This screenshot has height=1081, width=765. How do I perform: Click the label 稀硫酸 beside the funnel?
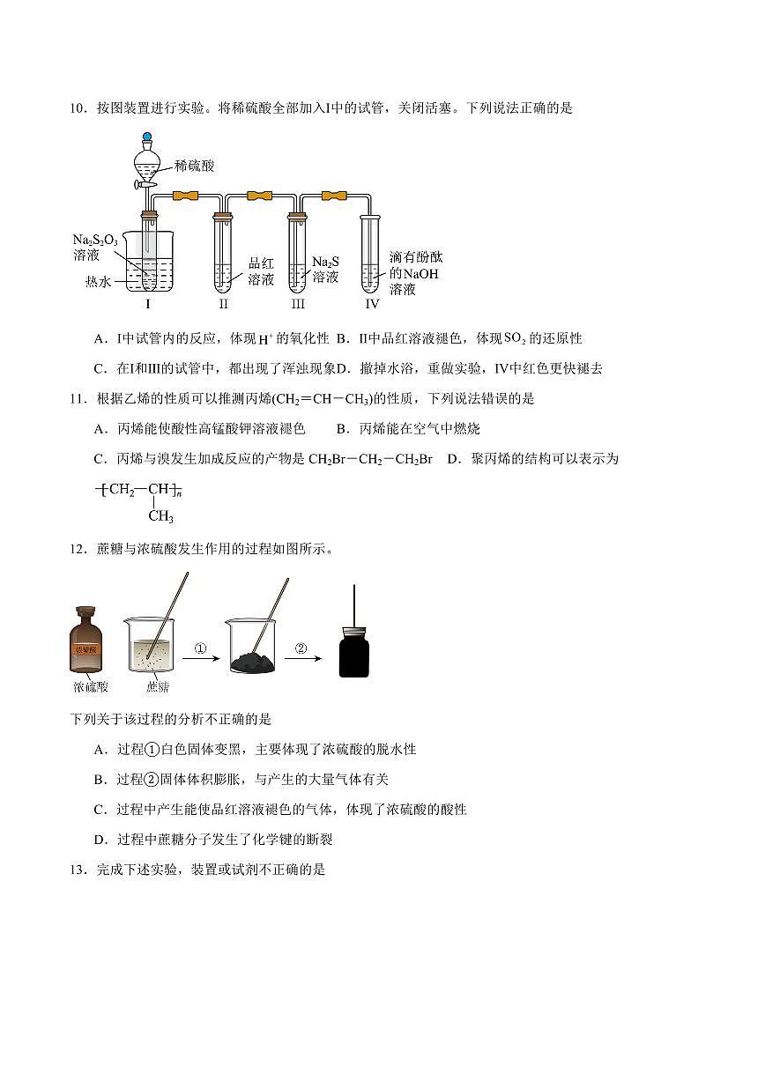(195, 166)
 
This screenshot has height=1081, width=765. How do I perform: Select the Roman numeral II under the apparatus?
(224, 304)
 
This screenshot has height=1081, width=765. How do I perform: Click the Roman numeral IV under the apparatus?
(372, 304)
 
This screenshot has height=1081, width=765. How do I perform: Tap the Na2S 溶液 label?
(325, 270)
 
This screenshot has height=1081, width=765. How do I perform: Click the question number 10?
(77, 108)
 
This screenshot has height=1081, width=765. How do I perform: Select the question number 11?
(77, 398)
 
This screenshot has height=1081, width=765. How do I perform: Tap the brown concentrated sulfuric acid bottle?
(86, 641)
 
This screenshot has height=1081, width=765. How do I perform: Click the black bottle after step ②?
(353, 648)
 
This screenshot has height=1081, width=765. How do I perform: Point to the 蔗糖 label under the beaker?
(158, 686)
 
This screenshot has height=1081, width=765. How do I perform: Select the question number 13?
(77, 870)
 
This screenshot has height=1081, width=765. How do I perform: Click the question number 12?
(77, 549)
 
